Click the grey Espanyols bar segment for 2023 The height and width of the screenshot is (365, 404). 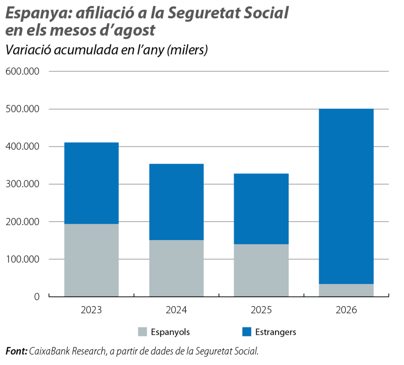pyautogui.click(x=92, y=260)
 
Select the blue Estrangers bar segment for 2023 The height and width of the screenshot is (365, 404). pyautogui.click(x=92, y=183)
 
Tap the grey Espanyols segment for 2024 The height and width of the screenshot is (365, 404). pyautogui.click(x=176, y=268)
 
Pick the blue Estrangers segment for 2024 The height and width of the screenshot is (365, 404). pyautogui.click(x=176, y=202)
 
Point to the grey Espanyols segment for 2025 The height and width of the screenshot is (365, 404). pyautogui.click(x=261, y=270)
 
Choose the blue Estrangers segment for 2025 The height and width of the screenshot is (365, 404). pyautogui.click(x=261, y=209)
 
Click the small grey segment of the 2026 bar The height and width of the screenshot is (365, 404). pyautogui.click(x=346, y=290)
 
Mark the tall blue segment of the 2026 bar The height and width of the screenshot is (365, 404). pyautogui.click(x=346, y=196)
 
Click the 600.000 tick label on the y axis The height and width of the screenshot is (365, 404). pyautogui.click(x=22, y=71)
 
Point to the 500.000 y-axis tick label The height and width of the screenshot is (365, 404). pyautogui.click(x=22, y=109)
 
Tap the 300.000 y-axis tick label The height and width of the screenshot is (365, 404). pyautogui.click(x=22, y=184)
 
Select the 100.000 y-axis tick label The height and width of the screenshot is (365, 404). pyautogui.click(x=22, y=259)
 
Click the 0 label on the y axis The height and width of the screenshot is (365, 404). pyautogui.click(x=37, y=297)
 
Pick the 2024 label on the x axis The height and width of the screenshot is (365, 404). pyautogui.click(x=176, y=310)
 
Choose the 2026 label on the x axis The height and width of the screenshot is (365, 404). pyautogui.click(x=346, y=310)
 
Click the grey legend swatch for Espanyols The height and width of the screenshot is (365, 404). pyautogui.click(x=142, y=332)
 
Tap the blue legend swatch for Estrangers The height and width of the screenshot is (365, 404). pyautogui.click(x=247, y=332)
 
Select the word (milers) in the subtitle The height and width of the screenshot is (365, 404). pyautogui.click(x=187, y=50)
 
